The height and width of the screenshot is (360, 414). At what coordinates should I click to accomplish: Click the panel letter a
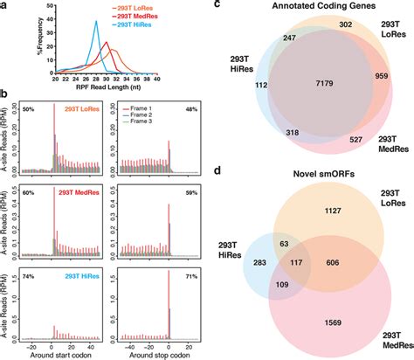coord(6,6)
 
